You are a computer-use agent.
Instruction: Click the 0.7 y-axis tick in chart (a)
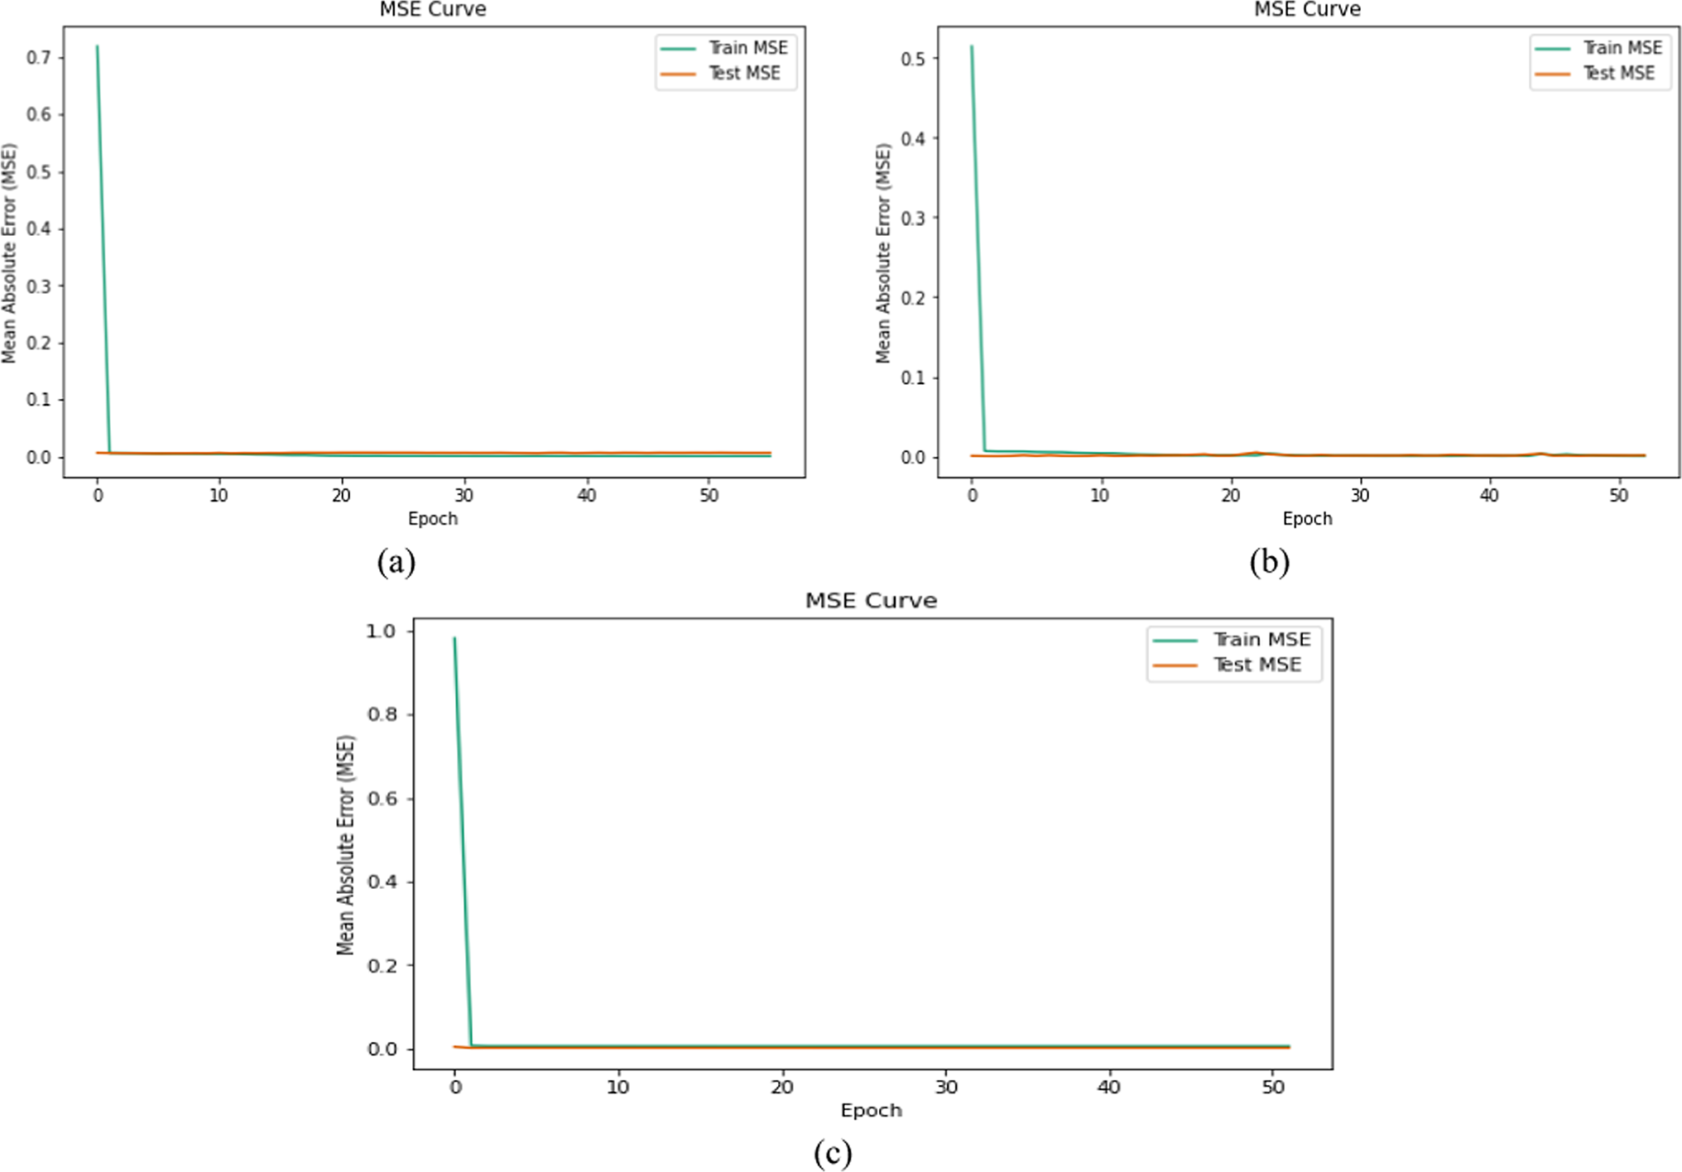coord(39,57)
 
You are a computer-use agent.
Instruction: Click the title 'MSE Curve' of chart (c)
coord(871,600)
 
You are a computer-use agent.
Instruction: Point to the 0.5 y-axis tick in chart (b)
coord(913,58)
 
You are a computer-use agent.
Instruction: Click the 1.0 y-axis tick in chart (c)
coord(381,632)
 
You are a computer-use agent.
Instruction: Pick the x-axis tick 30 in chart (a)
coord(464,495)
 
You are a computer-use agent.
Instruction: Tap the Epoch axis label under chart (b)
coord(1307,519)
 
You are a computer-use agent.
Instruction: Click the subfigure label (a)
coord(396,562)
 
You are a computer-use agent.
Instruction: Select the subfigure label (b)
coord(1270,562)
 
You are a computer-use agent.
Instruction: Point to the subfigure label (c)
coord(832,1153)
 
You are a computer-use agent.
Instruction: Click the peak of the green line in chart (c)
coord(454,638)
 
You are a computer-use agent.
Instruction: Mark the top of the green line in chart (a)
coord(98,46)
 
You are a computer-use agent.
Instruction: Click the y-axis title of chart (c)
coord(346,844)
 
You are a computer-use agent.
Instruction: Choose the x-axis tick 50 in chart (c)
coord(1273,1087)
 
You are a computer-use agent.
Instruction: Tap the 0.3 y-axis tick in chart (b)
coord(913,218)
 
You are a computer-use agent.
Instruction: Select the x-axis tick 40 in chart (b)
coord(1489,495)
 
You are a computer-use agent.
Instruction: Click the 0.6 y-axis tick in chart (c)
coord(381,799)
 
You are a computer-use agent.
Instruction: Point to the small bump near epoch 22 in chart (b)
coord(1257,453)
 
